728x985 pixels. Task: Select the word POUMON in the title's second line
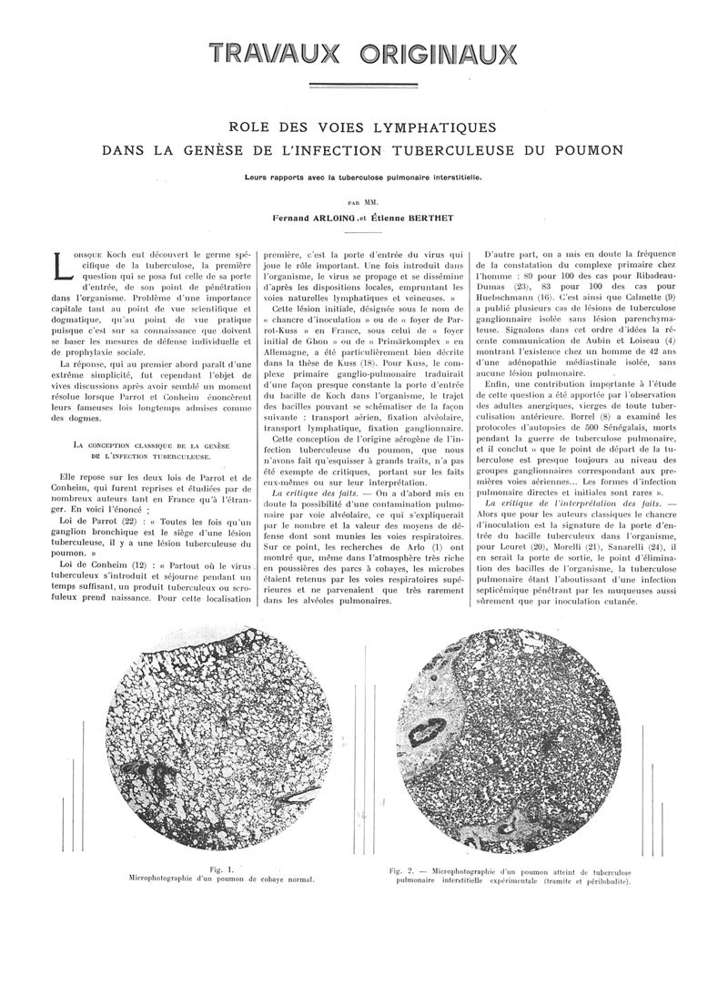coord(590,148)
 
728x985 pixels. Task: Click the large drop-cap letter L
coord(60,265)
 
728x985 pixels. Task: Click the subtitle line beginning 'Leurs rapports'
coord(361,178)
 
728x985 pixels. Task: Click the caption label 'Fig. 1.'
coord(222,869)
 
